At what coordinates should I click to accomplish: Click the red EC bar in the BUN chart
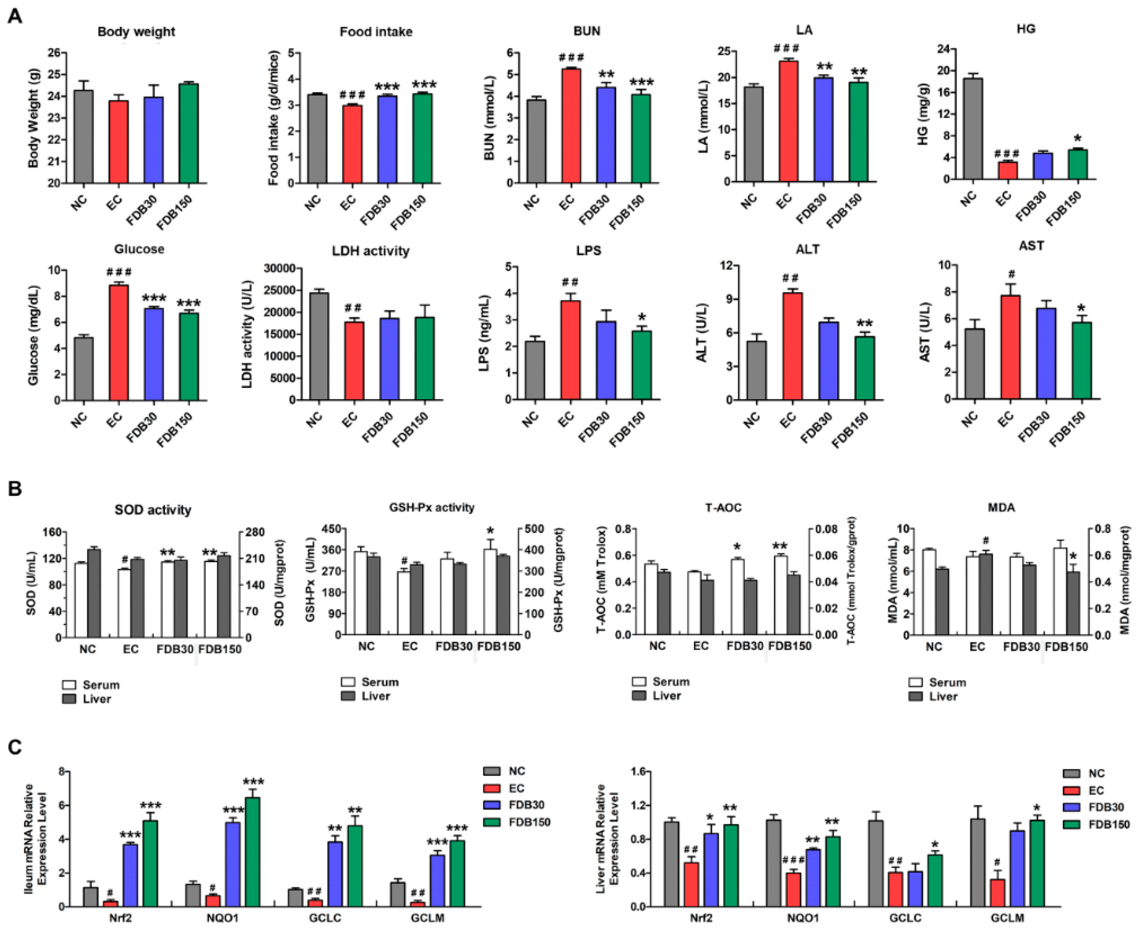571,126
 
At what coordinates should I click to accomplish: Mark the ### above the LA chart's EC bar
786,49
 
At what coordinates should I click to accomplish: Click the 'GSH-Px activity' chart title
432,507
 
